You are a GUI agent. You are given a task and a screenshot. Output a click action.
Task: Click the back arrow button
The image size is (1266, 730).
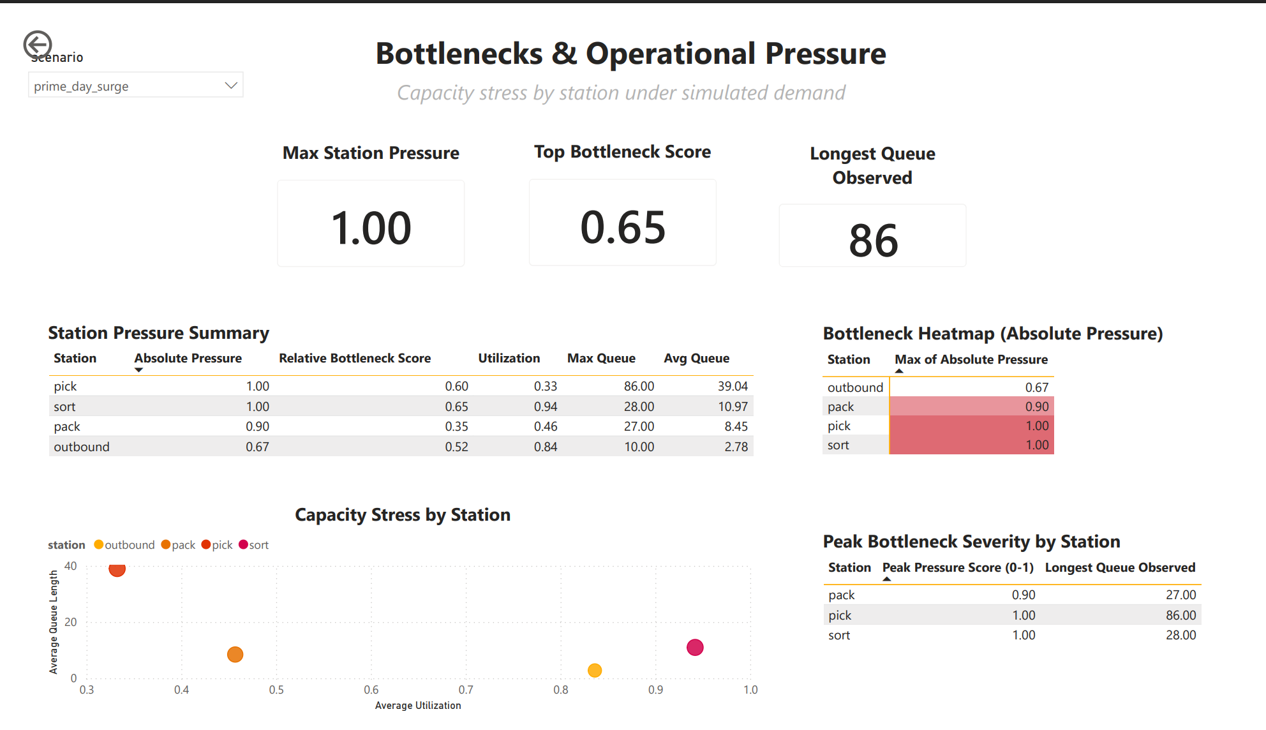pyautogui.click(x=38, y=45)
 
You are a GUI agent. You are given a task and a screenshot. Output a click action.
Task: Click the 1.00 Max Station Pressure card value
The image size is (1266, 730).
pyautogui.click(x=371, y=228)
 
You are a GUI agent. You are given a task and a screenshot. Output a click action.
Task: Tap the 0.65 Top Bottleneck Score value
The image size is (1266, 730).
pyautogui.click(x=623, y=227)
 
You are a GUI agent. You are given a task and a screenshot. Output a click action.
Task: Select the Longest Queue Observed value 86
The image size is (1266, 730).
pyautogui.click(x=873, y=241)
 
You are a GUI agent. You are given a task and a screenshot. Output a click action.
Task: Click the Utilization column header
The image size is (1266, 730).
pyautogui.click(x=509, y=359)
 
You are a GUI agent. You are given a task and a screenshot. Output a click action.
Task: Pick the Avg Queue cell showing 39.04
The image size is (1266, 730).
pyautogui.click(x=732, y=386)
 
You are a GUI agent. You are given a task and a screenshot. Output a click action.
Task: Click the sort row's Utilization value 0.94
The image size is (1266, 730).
pyautogui.click(x=546, y=406)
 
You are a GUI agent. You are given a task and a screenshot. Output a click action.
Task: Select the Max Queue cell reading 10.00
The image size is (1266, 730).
pyautogui.click(x=639, y=447)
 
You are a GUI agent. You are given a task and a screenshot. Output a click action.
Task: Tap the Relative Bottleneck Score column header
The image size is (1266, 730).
pyautogui.click(x=354, y=359)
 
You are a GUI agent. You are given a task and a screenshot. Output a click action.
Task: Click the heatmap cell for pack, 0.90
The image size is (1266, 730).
pyautogui.click(x=971, y=406)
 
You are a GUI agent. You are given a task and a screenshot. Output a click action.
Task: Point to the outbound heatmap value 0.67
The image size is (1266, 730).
pyautogui.click(x=1036, y=387)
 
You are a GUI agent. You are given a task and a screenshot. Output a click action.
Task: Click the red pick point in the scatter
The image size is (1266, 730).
pyautogui.click(x=117, y=569)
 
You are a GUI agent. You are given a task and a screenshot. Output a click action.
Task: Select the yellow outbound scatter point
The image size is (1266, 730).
pyautogui.click(x=595, y=670)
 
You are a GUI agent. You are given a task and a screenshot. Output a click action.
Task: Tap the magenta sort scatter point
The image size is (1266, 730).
pyautogui.click(x=695, y=647)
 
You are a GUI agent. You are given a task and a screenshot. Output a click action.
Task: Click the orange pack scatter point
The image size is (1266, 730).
pyautogui.click(x=235, y=654)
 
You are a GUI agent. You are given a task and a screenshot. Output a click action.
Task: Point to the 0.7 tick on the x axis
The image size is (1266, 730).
pyautogui.click(x=466, y=690)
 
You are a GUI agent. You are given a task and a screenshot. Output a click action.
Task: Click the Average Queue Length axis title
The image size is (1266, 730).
pyautogui.click(x=54, y=622)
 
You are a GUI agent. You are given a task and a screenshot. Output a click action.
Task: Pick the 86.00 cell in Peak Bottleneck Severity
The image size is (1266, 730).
pyautogui.click(x=1180, y=615)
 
